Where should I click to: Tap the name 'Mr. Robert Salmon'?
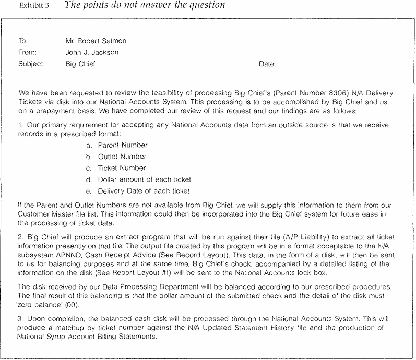[x=96, y=41]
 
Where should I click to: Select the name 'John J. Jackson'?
[x=92, y=52]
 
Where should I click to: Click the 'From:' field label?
[x=27, y=52]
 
